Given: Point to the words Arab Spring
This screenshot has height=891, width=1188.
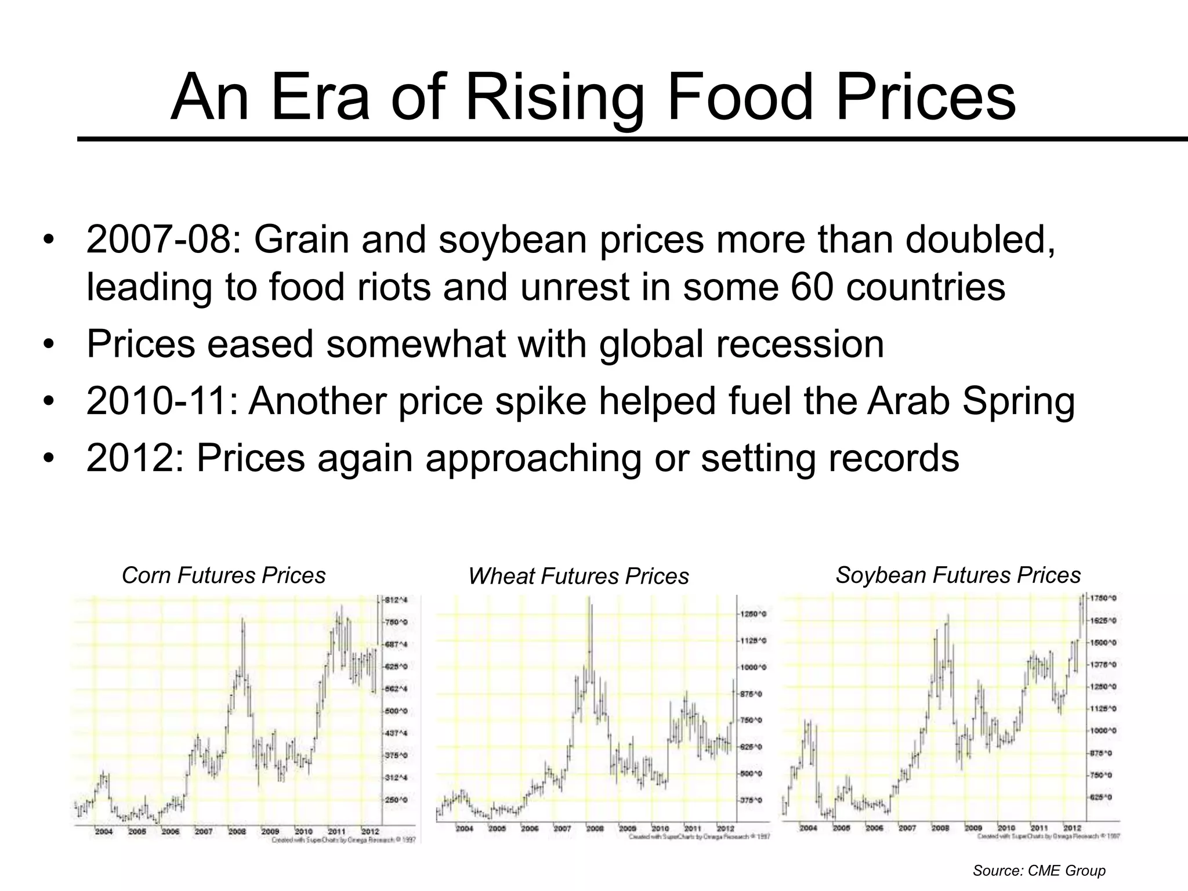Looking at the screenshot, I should coord(970,401).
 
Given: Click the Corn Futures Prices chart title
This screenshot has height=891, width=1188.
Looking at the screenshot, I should coord(223,575).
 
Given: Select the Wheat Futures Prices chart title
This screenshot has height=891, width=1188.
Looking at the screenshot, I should coord(578,576).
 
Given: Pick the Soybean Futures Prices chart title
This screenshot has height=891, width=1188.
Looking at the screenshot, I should coord(958,575).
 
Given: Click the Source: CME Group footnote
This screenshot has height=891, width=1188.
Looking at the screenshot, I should coord(1039,871).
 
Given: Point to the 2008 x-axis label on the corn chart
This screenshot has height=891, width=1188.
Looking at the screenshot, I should coord(237,831).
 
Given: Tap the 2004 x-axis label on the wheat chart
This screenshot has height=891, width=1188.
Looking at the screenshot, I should coord(464,828).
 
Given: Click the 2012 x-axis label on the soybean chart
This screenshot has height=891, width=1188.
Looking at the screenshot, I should coord(1071,828).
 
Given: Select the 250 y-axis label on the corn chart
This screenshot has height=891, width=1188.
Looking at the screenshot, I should coord(397,800).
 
